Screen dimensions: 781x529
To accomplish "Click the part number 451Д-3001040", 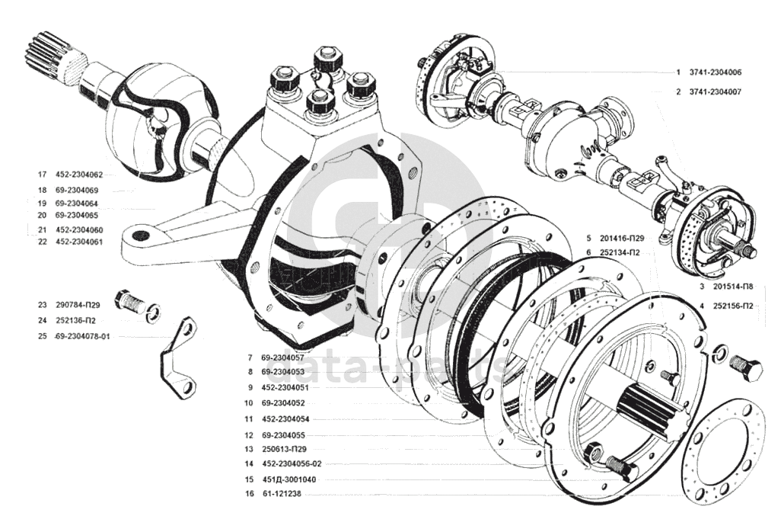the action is [x=288, y=479].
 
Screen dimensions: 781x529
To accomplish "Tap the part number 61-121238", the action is [x=282, y=494].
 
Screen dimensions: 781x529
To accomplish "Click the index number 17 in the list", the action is [x=42, y=175].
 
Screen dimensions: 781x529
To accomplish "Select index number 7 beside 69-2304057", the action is [x=249, y=357].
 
